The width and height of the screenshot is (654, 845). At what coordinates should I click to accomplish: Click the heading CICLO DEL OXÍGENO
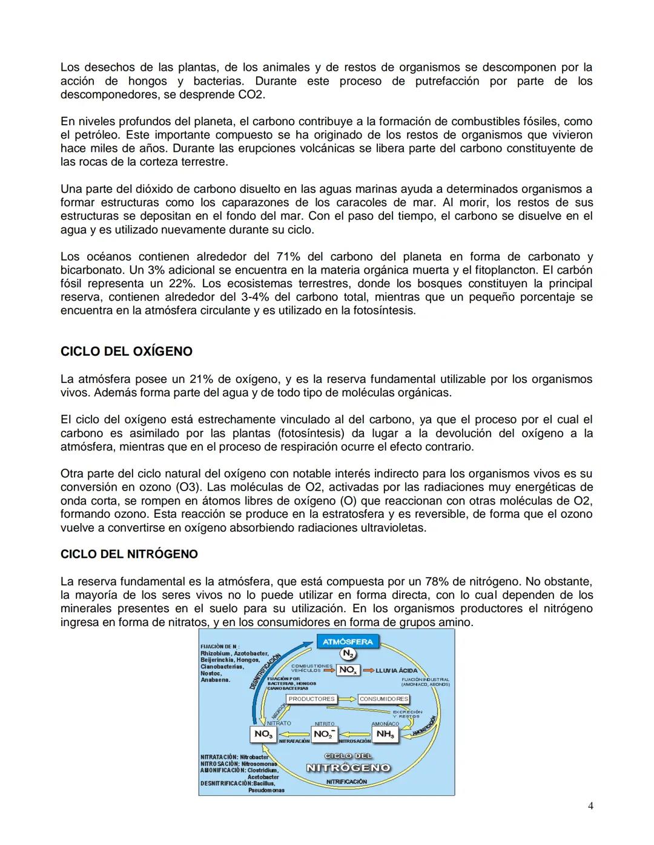(126, 351)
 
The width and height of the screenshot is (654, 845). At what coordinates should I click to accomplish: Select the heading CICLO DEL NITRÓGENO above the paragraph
(129, 554)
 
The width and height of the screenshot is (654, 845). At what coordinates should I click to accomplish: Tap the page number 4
(590, 806)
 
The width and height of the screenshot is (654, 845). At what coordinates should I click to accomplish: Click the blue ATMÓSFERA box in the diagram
(348, 641)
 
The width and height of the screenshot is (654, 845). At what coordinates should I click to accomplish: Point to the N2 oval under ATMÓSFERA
(348, 654)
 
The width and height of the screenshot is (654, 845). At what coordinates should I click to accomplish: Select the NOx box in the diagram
(348, 670)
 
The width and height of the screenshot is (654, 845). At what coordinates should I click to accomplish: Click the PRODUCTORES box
(311, 699)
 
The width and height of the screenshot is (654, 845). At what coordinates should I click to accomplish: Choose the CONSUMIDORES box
(384, 699)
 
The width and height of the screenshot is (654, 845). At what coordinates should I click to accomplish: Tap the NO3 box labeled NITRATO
(263, 734)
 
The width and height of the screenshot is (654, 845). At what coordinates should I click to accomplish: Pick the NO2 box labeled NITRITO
(324, 734)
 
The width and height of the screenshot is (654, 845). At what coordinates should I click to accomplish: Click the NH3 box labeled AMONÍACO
(385, 734)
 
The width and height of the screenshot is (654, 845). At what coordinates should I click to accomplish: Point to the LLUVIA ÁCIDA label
(397, 670)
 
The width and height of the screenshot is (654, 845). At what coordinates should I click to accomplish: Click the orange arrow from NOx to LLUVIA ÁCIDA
(367, 670)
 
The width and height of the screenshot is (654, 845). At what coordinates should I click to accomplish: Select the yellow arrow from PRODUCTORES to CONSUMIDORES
(347, 699)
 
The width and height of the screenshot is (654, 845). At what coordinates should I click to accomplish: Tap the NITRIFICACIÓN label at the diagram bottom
(346, 781)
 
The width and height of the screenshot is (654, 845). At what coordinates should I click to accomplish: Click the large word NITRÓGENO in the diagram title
(348, 768)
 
